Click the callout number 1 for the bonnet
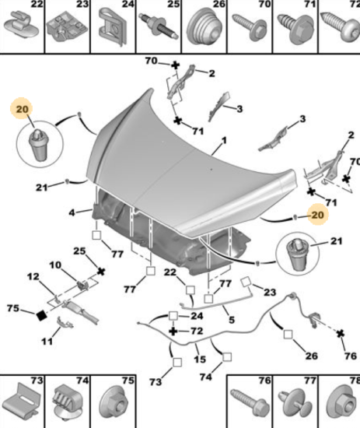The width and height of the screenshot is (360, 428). tap(224, 141)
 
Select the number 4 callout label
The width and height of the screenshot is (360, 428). tap(72, 212)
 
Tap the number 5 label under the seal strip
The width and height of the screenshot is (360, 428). tap(231, 319)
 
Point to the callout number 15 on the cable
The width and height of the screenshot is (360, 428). tap(200, 359)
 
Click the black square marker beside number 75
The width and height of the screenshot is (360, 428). tap(41, 315)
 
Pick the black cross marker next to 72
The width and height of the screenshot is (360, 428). tap(173, 332)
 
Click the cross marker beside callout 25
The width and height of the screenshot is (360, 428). tap(101, 272)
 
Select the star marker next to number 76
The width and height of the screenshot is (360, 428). tap(340, 334)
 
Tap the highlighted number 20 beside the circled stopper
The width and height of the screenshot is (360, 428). tap(22, 109)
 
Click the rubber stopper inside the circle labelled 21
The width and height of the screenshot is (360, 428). tap(296, 254)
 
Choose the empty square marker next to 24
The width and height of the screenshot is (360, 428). tap(173, 316)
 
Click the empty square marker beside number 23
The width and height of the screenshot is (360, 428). tap(246, 282)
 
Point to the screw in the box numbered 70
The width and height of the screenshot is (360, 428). tap(250, 27)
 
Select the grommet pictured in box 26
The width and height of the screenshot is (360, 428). tap(204, 26)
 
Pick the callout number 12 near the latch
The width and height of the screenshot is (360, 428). tap(33, 276)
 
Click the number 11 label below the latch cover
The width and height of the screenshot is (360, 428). tap(47, 341)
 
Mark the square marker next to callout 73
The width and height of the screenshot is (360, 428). tap(177, 363)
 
